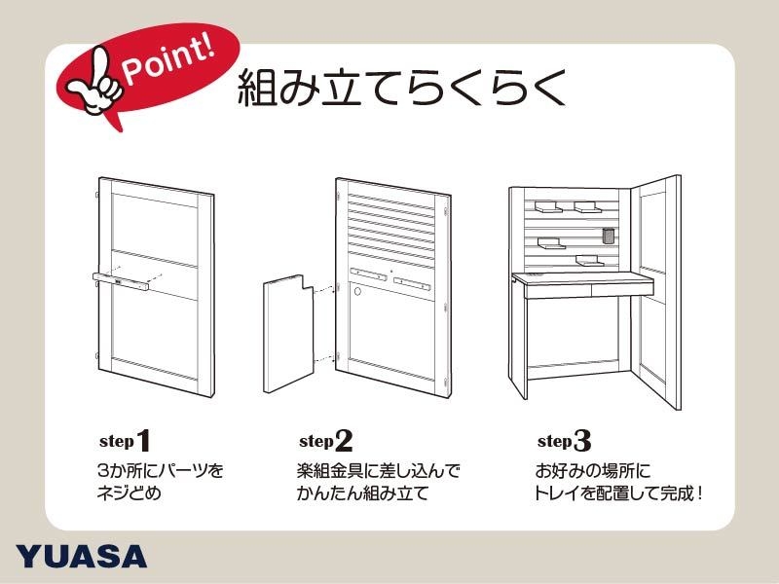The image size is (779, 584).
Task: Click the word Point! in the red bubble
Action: pos(166,62)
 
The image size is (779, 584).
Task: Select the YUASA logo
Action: pos(82,556)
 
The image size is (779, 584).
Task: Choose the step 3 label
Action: pos(564,440)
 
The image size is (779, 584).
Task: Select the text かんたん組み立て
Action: pos(362,493)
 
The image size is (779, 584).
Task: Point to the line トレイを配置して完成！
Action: pos(618,493)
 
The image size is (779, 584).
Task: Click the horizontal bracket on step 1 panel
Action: pos(122,281)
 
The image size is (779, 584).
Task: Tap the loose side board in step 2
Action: pos(289,331)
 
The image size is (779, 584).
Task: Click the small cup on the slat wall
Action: pos(609,237)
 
